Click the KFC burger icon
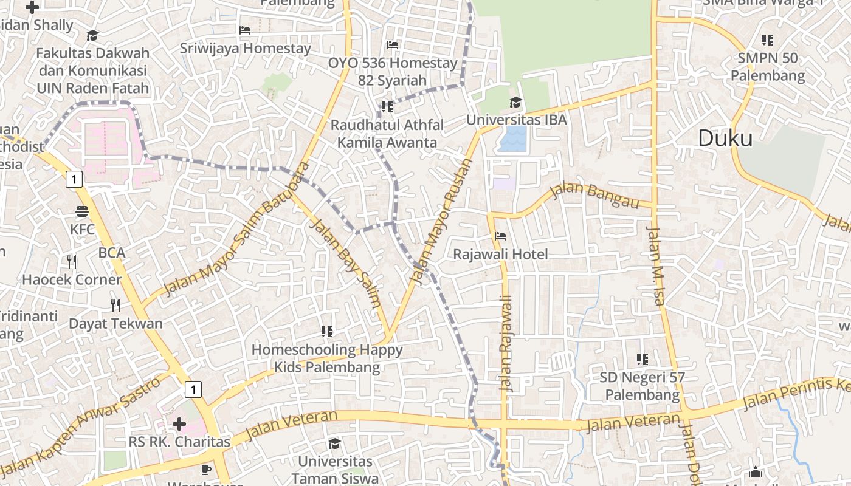point(82,211)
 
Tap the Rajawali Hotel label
point(500,254)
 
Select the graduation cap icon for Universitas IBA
point(515,102)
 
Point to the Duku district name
point(725,139)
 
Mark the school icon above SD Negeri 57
point(641,360)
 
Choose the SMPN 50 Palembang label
point(767,67)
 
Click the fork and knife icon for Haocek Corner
point(72,262)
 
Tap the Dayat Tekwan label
point(115,323)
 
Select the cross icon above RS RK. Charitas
point(179,423)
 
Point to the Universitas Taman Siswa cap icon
point(334,444)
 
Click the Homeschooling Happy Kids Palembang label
point(327,358)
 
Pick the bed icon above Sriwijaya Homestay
point(245,30)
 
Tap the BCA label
point(112,253)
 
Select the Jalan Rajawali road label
point(506,344)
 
